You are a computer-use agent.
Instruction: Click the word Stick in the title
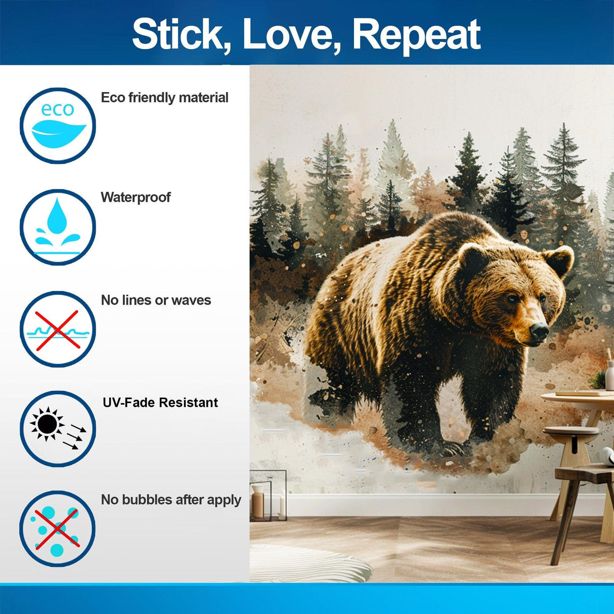click(x=177, y=34)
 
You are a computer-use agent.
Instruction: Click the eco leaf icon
click(x=58, y=126)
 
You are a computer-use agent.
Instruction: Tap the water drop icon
click(x=58, y=227)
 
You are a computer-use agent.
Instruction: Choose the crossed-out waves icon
click(x=58, y=329)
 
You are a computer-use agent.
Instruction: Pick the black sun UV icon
click(x=58, y=428)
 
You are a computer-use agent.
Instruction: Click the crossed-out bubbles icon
click(x=58, y=529)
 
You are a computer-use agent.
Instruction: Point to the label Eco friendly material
click(x=164, y=98)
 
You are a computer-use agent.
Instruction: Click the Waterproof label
click(x=136, y=197)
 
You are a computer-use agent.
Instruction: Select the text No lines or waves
click(x=156, y=300)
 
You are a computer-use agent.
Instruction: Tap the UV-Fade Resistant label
click(x=160, y=403)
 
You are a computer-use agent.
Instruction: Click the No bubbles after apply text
click(x=171, y=500)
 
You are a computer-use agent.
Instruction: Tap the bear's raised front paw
click(x=455, y=448)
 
